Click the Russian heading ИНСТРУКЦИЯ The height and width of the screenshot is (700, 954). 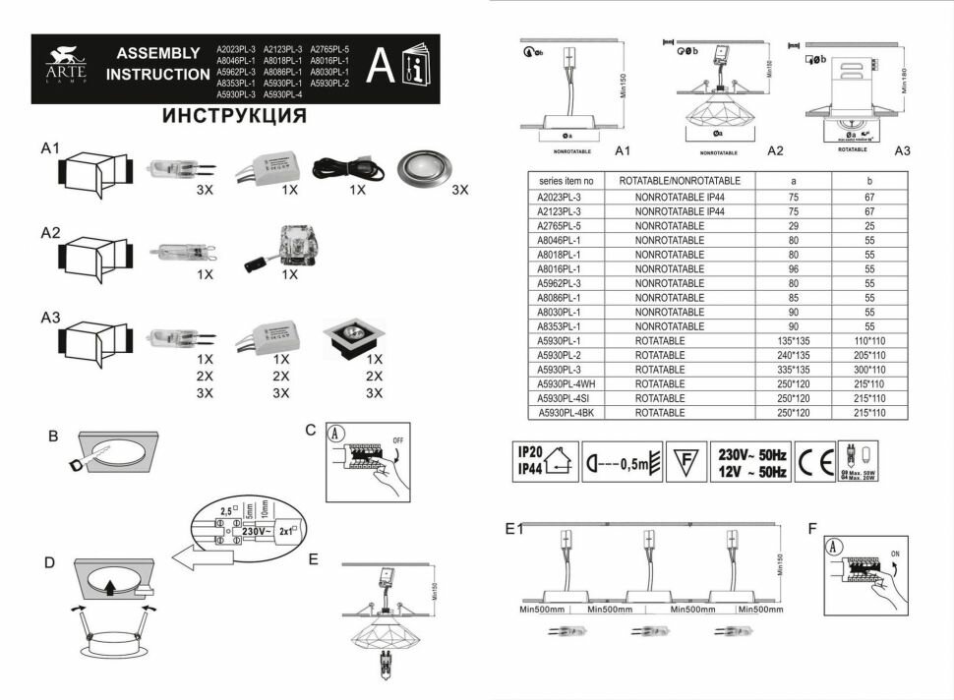(x=233, y=116)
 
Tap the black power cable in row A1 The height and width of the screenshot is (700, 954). (x=341, y=167)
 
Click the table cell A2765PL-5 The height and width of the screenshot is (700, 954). (x=561, y=225)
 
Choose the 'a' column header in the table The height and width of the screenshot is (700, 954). (x=794, y=182)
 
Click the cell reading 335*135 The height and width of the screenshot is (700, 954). (x=794, y=369)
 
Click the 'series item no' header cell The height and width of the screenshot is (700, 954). (x=561, y=182)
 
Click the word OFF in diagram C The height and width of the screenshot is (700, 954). (x=396, y=440)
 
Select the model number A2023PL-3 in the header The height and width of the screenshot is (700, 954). (x=235, y=48)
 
